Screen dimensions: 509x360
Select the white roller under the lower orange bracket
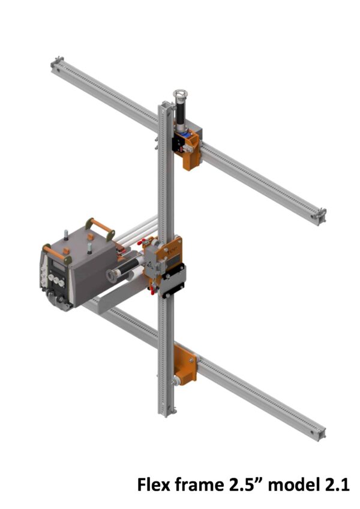179,380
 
